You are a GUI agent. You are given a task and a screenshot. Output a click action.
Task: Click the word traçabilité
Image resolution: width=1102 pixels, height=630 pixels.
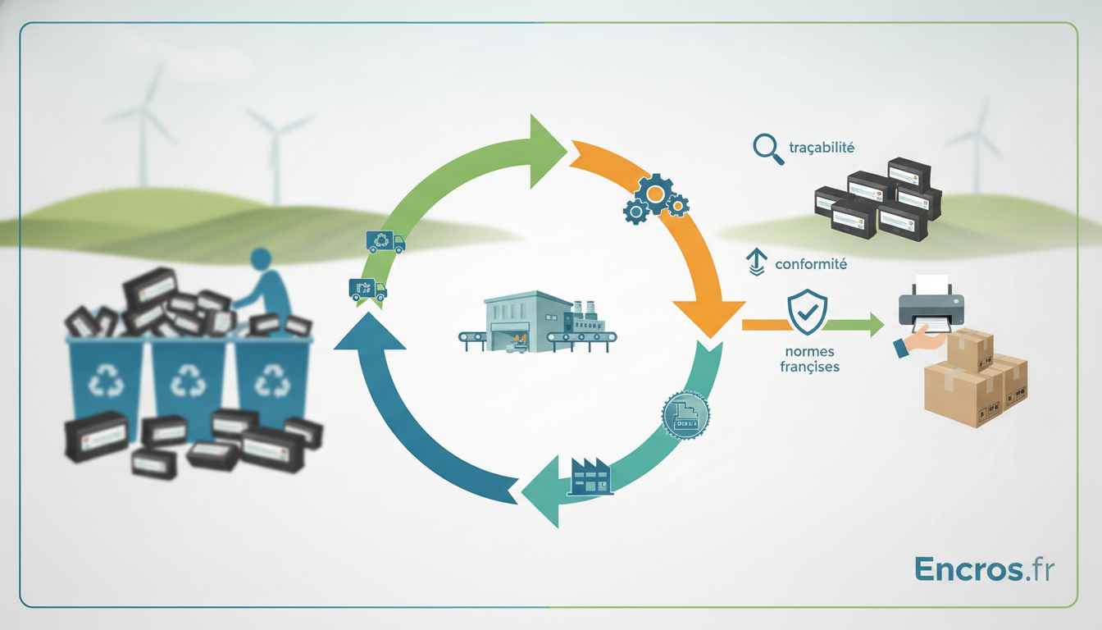[x=822, y=148]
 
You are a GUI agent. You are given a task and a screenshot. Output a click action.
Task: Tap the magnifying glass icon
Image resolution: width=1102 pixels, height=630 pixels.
[x=768, y=149]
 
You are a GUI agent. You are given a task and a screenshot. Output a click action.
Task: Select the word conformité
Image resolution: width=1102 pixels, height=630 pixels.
[x=811, y=264]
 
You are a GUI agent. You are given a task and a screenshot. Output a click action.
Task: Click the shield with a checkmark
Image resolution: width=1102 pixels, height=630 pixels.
[x=808, y=312]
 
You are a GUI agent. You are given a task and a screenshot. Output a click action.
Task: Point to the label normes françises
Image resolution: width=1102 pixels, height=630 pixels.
[x=810, y=358]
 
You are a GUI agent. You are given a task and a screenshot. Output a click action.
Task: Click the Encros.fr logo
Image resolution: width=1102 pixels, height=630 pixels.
[x=984, y=569]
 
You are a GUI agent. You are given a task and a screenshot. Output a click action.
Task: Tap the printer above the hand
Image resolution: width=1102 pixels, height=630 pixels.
[x=931, y=304]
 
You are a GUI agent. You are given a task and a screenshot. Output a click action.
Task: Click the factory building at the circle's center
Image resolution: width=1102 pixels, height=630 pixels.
[x=537, y=322]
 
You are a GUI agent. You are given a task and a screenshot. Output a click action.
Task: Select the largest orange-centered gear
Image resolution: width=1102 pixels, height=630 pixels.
[x=655, y=194]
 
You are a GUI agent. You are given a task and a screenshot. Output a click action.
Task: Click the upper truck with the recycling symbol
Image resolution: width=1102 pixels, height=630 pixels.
[x=385, y=242]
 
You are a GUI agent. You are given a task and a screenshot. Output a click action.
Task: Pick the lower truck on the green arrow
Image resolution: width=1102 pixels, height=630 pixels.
[x=367, y=290]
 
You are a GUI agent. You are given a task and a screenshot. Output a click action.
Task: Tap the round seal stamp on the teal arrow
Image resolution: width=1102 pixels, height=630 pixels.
[x=685, y=415]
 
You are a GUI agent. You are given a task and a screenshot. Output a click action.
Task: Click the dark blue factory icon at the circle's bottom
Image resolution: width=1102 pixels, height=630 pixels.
[x=590, y=477]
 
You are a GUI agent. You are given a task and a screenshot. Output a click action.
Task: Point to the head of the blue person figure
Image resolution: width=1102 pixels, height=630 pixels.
[x=261, y=259]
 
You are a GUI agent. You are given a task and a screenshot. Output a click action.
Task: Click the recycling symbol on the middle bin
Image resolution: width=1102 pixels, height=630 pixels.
[x=188, y=381]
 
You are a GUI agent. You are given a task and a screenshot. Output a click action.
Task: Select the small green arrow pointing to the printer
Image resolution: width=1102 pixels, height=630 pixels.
[x=854, y=325]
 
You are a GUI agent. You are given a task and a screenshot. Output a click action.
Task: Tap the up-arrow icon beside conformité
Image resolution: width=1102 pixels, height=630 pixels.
[x=757, y=262]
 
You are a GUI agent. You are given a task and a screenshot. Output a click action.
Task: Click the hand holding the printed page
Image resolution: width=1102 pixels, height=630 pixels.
[x=919, y=340]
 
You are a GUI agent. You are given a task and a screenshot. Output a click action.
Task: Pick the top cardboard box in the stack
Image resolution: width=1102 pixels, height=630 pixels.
[x=970, y=350]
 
